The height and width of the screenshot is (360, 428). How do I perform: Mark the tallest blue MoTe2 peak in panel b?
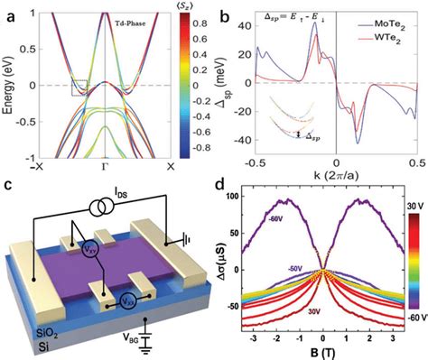point(315,24)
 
